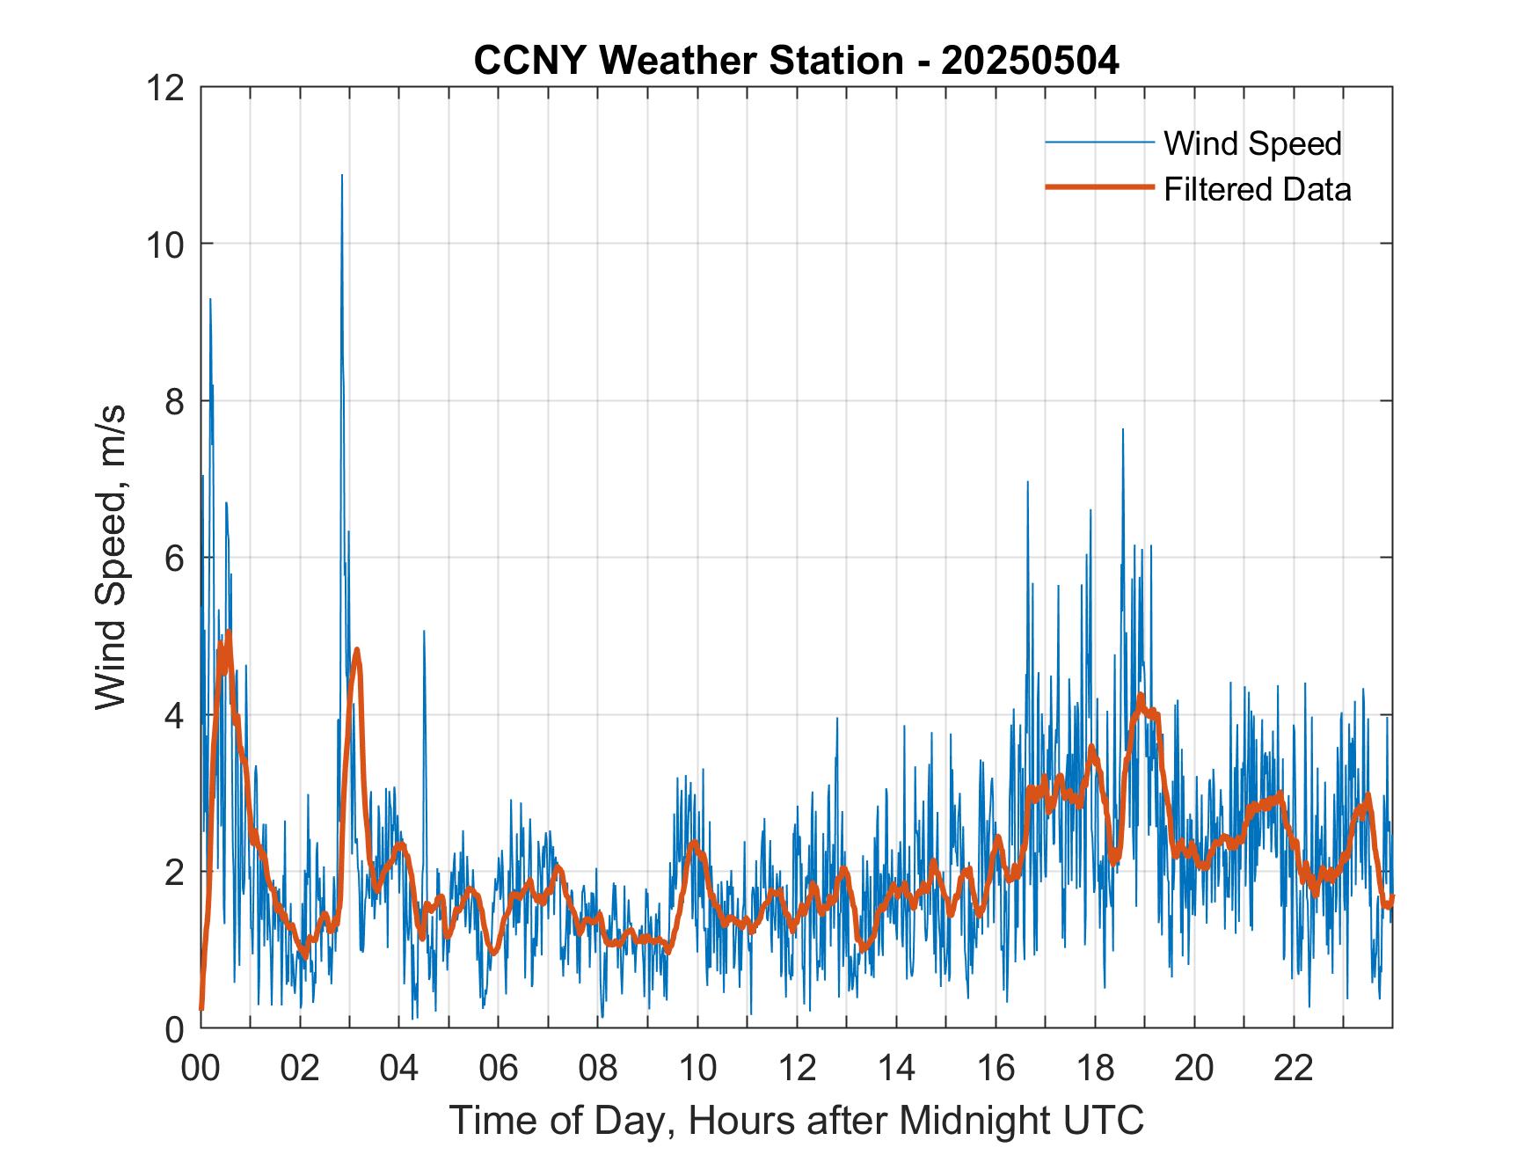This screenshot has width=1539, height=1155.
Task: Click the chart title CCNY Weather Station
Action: [796, 61]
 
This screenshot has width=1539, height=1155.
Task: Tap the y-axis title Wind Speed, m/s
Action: [112, 557]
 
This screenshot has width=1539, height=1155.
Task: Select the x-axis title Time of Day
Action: [796, 1120]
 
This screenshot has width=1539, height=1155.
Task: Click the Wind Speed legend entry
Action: [1252, 143]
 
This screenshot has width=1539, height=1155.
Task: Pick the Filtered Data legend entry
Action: [1257, 189]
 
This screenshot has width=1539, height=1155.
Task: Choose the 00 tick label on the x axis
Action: [201, 1069]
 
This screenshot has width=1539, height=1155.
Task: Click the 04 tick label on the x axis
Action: [399, 1069]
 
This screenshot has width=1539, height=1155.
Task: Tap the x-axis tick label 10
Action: [697, 1069]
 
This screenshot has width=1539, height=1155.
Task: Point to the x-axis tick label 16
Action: [996, 1069]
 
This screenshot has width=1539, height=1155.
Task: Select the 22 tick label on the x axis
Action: [1294, 1069]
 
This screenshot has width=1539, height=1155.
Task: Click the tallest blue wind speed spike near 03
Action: [342, 176]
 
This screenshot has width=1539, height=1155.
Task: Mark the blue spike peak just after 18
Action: [1122, 430]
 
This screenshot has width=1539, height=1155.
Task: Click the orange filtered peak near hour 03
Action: [357, 650]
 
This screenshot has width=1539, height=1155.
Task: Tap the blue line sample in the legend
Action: [1098, 143]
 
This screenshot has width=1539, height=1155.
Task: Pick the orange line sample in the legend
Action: [1098, 187]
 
